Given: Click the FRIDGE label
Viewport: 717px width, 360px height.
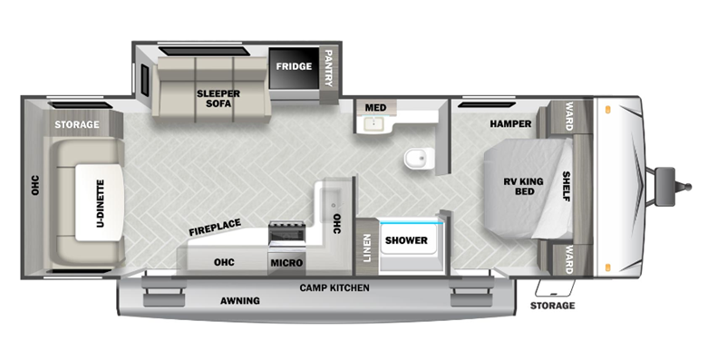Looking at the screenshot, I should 294,67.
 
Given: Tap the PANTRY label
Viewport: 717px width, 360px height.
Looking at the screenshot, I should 328,68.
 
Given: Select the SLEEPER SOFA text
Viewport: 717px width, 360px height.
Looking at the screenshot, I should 213,98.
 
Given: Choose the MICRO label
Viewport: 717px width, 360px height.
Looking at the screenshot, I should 286,263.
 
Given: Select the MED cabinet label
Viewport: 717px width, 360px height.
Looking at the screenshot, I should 375,108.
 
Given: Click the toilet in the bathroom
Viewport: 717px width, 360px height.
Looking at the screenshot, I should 417,161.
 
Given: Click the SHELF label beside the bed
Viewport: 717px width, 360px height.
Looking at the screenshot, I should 567,187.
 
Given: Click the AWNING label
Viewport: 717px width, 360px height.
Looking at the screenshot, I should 239,300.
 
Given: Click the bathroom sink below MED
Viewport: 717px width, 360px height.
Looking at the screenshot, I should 371,125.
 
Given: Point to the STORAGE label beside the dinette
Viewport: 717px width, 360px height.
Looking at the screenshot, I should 76,124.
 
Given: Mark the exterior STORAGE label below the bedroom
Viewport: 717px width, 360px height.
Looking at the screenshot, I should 552,306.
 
